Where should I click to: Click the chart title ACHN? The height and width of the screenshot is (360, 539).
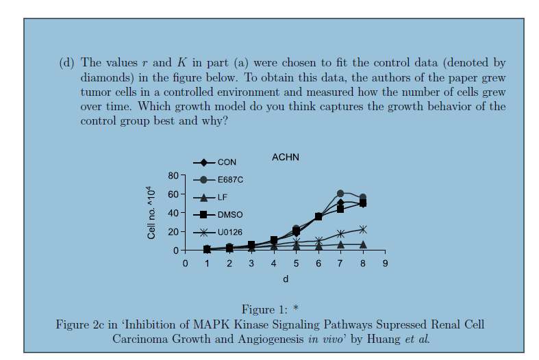pos(285,157)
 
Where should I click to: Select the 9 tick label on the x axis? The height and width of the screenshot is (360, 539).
pos(385,263)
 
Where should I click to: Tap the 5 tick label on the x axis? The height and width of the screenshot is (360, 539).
pos(296,263)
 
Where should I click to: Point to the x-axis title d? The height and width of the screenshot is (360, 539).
pos(286,279)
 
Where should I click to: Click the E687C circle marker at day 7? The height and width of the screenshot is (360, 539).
pos(340,194)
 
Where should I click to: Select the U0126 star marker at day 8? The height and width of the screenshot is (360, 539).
pos(362,229)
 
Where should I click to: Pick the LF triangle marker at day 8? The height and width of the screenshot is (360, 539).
pos(362,244)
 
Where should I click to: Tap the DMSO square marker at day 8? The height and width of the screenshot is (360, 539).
pos(362,203)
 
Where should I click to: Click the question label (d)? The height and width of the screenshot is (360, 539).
pos(66,63)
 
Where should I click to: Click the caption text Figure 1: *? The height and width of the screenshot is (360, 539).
pos(269,309)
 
